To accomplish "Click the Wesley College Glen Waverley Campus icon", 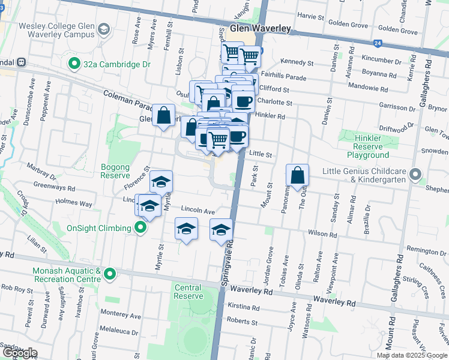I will click(104, 29).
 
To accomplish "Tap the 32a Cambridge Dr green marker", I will click(74, 62).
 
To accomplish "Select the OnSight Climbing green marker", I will click(140, 228).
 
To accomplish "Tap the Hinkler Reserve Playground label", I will click(360, 146).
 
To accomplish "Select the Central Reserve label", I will click(188, 292).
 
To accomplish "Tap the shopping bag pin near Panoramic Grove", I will click(297, 175).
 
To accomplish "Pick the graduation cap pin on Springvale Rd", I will click(221, 230).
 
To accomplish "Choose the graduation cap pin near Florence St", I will click(161, 181).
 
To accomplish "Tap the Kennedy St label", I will click(298, 62).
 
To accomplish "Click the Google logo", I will click(19, 353).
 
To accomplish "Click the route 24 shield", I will click(376, 43).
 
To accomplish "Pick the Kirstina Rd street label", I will click(244, 307).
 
